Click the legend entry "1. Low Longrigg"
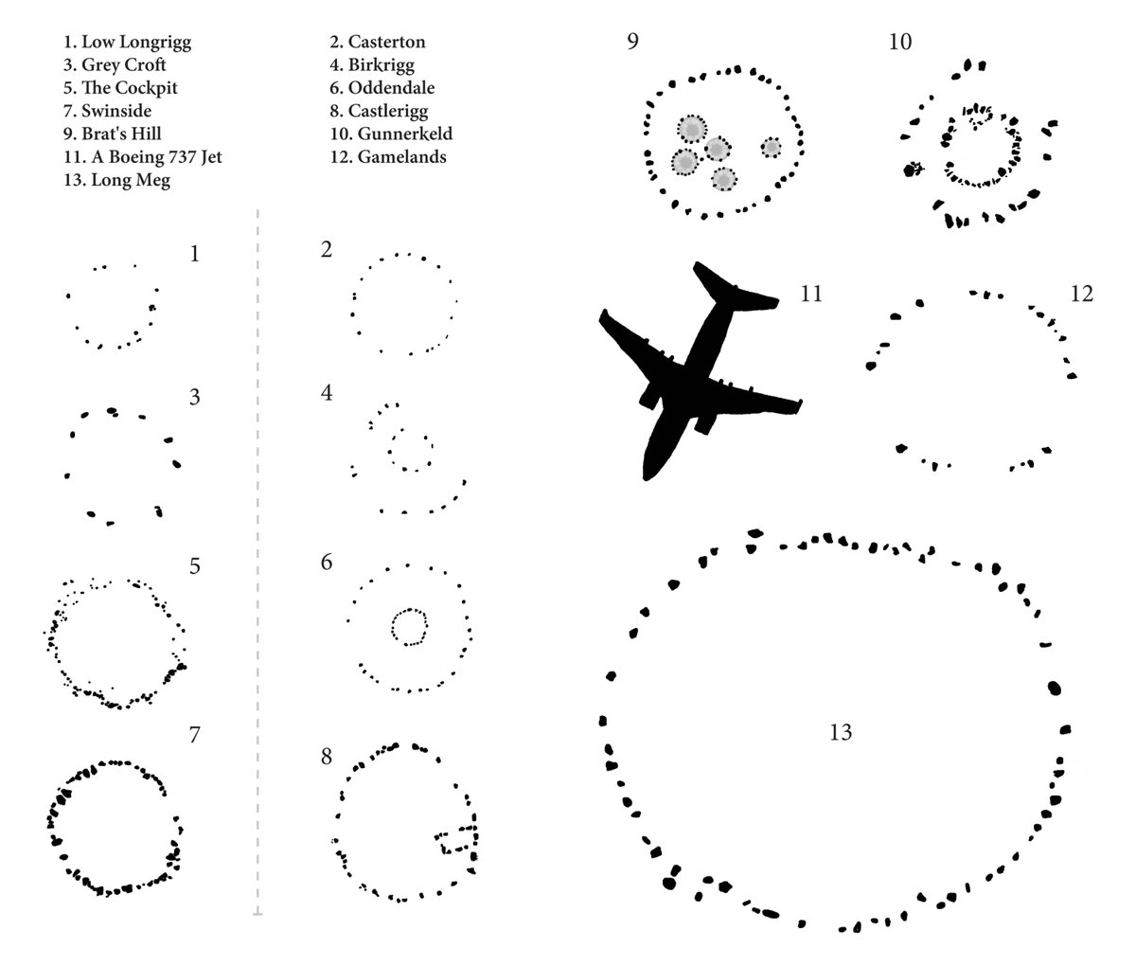tap(131, 43)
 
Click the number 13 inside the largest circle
tap(840, 732)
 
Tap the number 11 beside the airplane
tap(809, 295)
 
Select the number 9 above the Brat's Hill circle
tap(632, 43)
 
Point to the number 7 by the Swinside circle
tap(194, 734)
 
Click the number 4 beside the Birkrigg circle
tap(327, 392)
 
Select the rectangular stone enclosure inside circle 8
tap(456, 841)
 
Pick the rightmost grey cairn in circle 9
tap(771, 148)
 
